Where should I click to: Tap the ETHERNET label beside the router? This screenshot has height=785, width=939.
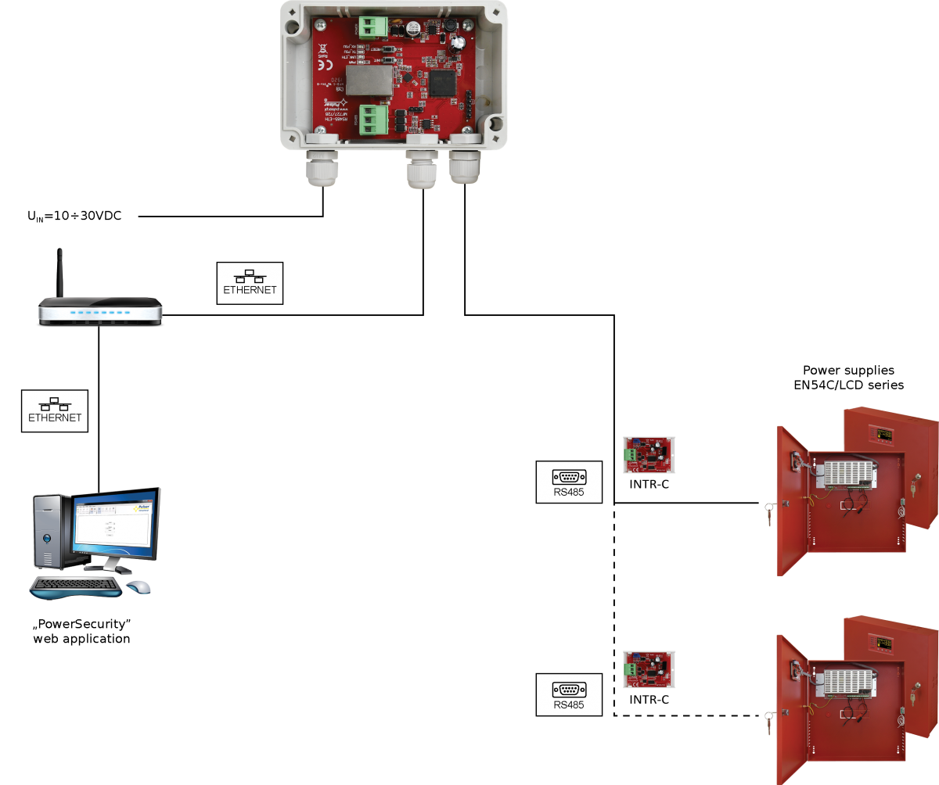pos(250,283)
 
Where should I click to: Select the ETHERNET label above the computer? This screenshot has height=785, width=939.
pos(55,410)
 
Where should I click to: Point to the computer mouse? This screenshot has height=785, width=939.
pos(139,586)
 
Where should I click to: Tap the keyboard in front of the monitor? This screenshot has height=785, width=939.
pos(76,586)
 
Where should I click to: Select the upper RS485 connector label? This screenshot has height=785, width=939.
pos(569,482)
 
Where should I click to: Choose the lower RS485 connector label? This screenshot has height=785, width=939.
pos(569,694)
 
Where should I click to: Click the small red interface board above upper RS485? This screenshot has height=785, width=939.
pos(649,455)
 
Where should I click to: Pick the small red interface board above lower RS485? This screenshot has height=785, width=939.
pos(649,669)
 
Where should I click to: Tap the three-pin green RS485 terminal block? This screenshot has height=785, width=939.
pos(375,120)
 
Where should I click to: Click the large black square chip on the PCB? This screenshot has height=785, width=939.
pos(441,84)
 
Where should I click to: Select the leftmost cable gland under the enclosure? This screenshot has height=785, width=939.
pos(322,168)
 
